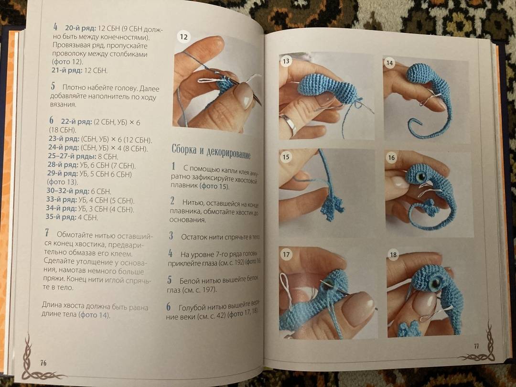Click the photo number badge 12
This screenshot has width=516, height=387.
tap(183, 37)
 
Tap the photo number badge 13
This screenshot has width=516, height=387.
tap(286, 61)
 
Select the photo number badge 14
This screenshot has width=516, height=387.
tap(390, 63)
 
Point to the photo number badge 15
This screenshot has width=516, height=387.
tap(286, 157)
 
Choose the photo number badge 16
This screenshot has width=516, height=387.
tap(391, 158)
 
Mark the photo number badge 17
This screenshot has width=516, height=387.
tap(286, 254)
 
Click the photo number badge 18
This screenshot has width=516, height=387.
tap(393, 254)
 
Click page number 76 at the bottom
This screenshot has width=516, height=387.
tap(43, 363)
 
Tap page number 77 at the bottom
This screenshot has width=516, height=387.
tap(476, 346)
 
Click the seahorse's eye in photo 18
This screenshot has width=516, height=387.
tap(435, 283)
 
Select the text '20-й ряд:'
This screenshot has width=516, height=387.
tap(81, 28)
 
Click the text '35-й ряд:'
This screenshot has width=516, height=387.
tap(61, 217)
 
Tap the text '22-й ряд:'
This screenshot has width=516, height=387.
tap(76, 122)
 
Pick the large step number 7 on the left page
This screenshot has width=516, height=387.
tap(47, 233)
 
